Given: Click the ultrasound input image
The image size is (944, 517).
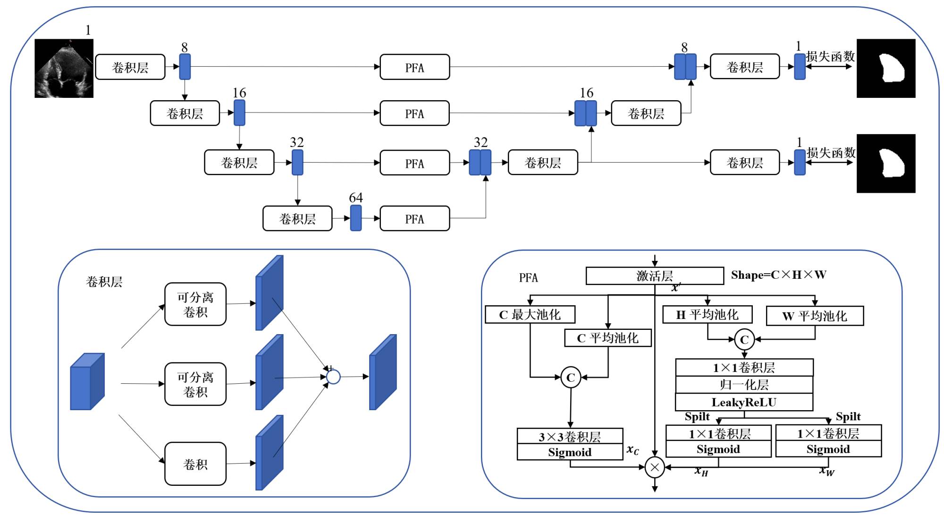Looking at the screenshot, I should point(64,69).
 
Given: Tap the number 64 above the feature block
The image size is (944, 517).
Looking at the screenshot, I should point(356,198).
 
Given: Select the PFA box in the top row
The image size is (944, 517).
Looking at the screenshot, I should point(414,67).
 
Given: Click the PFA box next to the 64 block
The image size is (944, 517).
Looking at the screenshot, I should point(414,219).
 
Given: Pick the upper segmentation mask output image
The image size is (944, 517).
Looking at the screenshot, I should point(885,69).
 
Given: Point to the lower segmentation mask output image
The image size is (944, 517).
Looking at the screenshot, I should point(885,164).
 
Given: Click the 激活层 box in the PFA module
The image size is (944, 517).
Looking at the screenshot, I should point(654,276).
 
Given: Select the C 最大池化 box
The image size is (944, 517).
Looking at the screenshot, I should point(530,315).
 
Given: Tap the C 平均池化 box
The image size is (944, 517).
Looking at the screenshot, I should point(607,338).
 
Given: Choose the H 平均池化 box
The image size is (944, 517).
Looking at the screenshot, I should point(707,315).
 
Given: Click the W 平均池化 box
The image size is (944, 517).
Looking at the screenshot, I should point(815,316).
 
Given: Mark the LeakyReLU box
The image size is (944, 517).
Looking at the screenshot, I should point(744,402).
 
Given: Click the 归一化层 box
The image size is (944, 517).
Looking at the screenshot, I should point(744,385).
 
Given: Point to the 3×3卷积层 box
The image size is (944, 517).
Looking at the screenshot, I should point(570,436).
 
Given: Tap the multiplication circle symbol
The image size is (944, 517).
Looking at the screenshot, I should point(655,467).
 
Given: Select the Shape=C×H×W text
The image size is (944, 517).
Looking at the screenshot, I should point(778,275).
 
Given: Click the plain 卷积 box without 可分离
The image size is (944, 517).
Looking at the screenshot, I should point(195,464).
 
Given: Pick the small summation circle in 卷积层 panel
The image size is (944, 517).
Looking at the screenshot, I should point(333,377).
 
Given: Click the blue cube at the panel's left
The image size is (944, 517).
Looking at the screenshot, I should point(87,381).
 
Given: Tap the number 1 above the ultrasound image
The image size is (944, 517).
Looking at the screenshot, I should point(88,30).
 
